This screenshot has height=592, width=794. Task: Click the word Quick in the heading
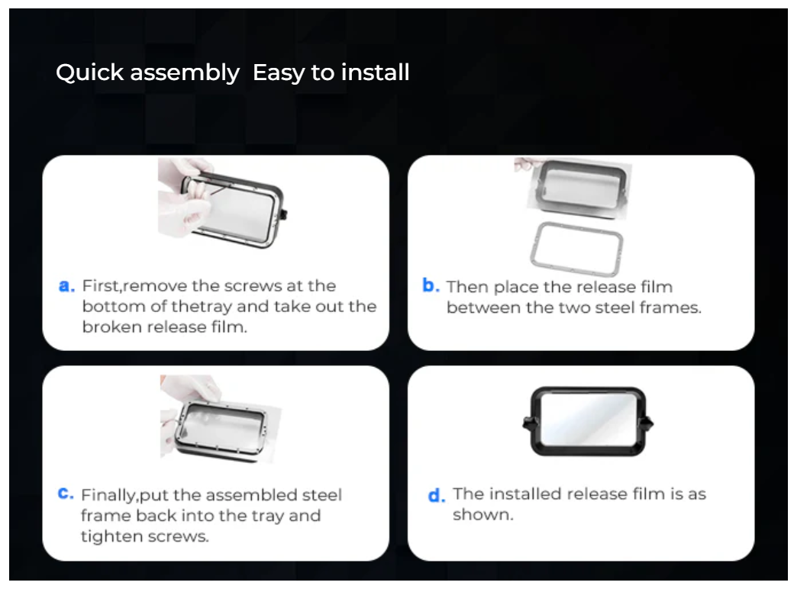coord(89,72)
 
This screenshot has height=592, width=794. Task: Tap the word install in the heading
coord(375,72)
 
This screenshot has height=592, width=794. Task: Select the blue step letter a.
coord(67,286)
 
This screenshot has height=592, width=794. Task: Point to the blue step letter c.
coord(66,493)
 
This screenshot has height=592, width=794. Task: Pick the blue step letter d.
coord(437,495)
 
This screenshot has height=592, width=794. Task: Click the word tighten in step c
coord(111,536)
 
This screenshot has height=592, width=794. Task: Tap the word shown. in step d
coord(483,515)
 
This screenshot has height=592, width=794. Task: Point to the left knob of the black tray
coord(527,423)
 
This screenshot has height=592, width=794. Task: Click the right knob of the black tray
coord(649,423)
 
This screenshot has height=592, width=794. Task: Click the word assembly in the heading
coord(185,73)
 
